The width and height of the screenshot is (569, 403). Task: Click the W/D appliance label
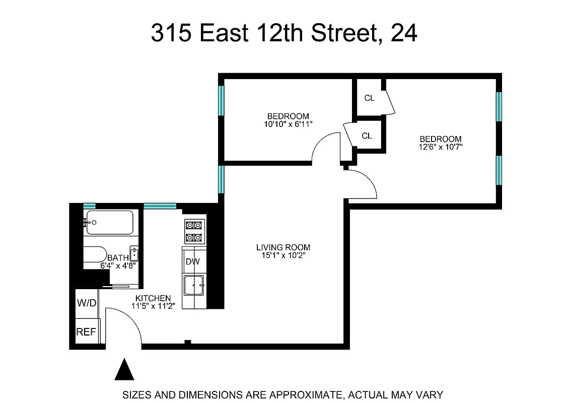86,303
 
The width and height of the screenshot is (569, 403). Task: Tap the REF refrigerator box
86,332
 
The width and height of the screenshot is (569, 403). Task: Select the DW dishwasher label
192,262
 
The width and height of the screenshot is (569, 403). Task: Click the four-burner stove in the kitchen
194,231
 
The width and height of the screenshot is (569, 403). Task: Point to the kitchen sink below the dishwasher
193,286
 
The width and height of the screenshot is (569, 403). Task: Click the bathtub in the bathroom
110,222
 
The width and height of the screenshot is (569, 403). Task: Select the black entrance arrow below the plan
124,369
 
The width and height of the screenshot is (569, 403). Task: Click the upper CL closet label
369,98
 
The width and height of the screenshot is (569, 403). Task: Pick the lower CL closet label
367,136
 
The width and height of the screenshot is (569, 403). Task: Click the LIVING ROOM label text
283,247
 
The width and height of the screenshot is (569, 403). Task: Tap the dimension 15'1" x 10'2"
283,255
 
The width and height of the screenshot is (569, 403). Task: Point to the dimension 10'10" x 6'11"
288,124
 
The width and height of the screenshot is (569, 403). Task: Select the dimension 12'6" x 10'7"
441,147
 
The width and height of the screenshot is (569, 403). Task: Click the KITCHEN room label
153,298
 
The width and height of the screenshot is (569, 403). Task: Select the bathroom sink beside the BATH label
134,253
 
